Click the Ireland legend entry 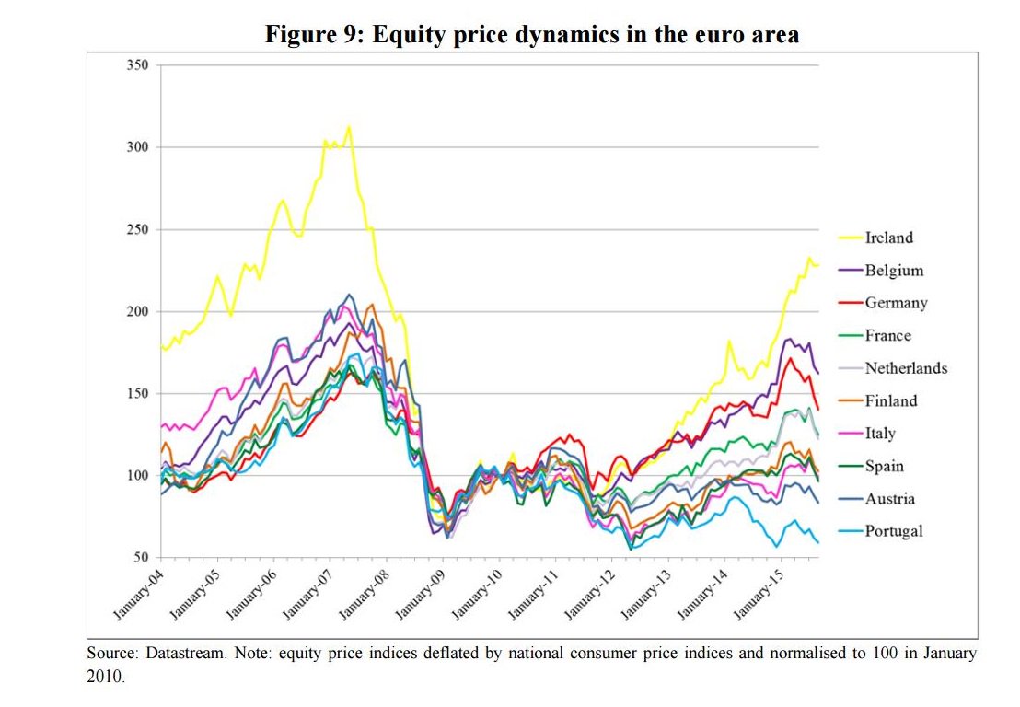pyautogui.click(x=888, y=238)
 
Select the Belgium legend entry pyautogui.click(x=893, y=271)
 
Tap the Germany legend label pyautogui.click(x=896, y=303)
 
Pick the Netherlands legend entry pyautogui.click(x=905, y=368)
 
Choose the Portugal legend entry pyautogui.click(x=893, y=531)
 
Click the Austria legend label pyautogui.click(x=889, y=499)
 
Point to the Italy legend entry pyautogui.click(x=879, y=434)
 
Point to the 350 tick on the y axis pyautogui.click(x=138, y=65)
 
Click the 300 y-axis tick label pyautogui.click(x=138, y=147)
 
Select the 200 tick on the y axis pyautogui.click(x=138, y=311)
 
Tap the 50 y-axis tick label pyautogui.click(x=142, y=558)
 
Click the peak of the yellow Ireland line pyautogui.click(x=348, y=127)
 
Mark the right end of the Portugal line pyautogui.click(x=817, y=542)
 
